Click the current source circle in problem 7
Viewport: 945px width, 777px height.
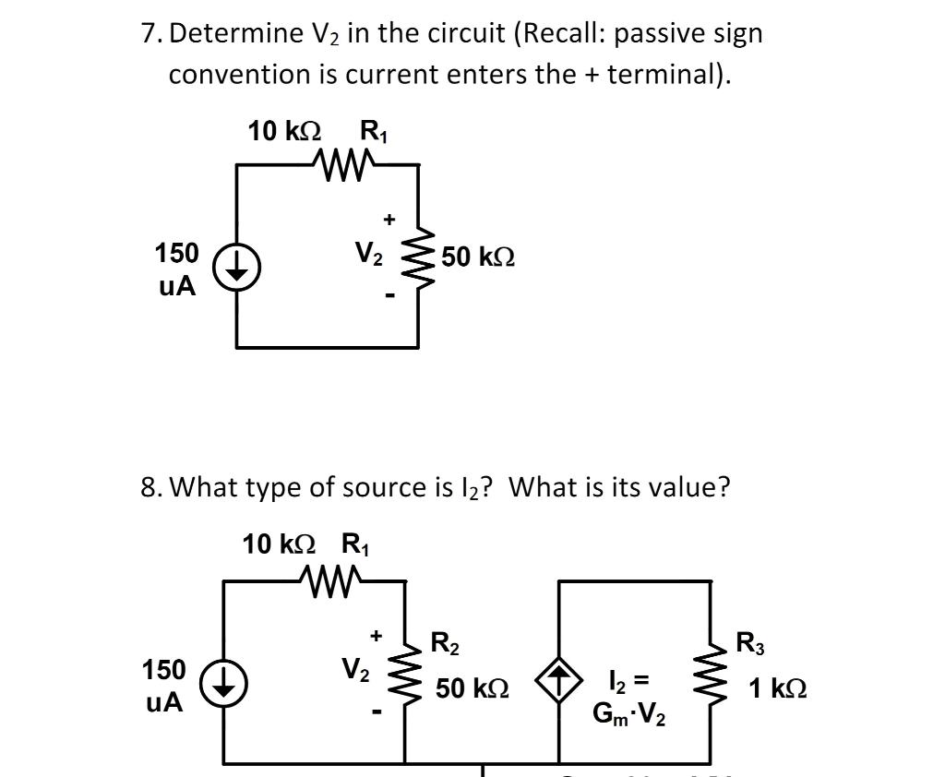pos(236,269)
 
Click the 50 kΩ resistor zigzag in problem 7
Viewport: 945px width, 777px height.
pos(419,258)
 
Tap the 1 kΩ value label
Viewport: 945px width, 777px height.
pos(777,688)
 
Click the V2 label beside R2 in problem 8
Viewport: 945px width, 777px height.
pos(355,668)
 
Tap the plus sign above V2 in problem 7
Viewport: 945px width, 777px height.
pos(389,220)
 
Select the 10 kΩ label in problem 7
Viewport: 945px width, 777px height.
pos(284,132)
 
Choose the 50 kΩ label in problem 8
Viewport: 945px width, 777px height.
pos(472,688)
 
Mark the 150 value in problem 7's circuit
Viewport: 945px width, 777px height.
pos(176,253)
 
